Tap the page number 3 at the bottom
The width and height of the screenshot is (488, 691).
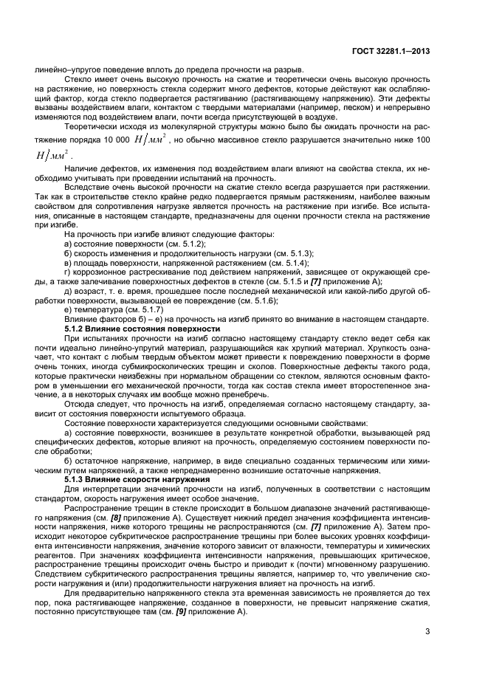coord(428,630)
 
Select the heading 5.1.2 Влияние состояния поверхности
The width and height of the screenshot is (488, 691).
coord(142,328)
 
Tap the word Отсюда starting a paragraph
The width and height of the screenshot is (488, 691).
coord(80,405)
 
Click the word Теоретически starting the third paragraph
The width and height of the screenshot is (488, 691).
coord(93,126)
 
